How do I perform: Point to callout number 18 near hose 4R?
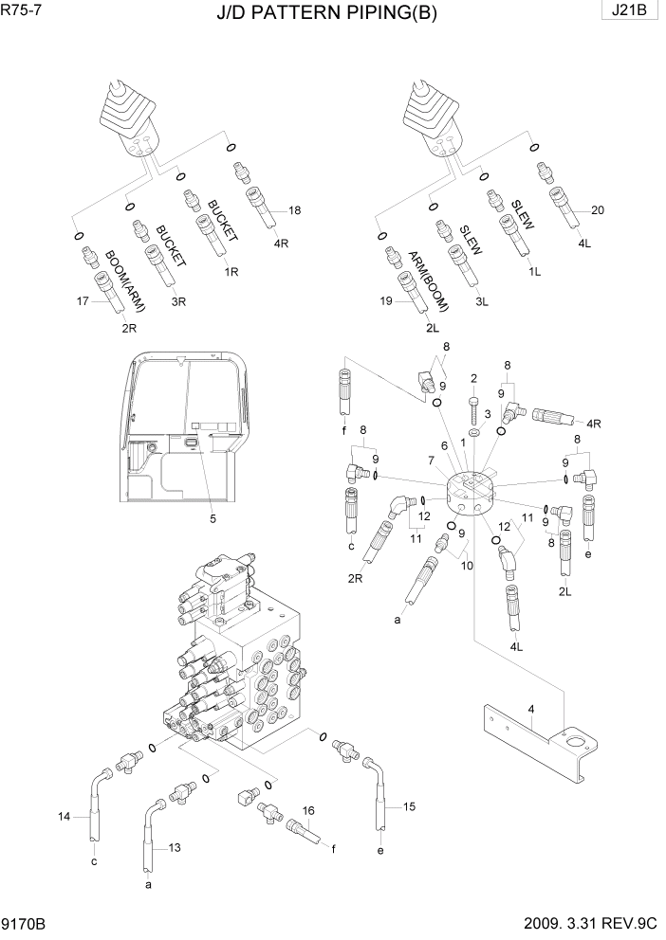294,210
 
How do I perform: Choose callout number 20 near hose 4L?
597,210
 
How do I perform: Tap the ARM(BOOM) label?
427,281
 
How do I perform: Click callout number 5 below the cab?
213,518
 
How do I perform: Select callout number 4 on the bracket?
532,709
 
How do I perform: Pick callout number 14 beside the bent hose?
65,815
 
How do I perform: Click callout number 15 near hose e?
410,807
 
